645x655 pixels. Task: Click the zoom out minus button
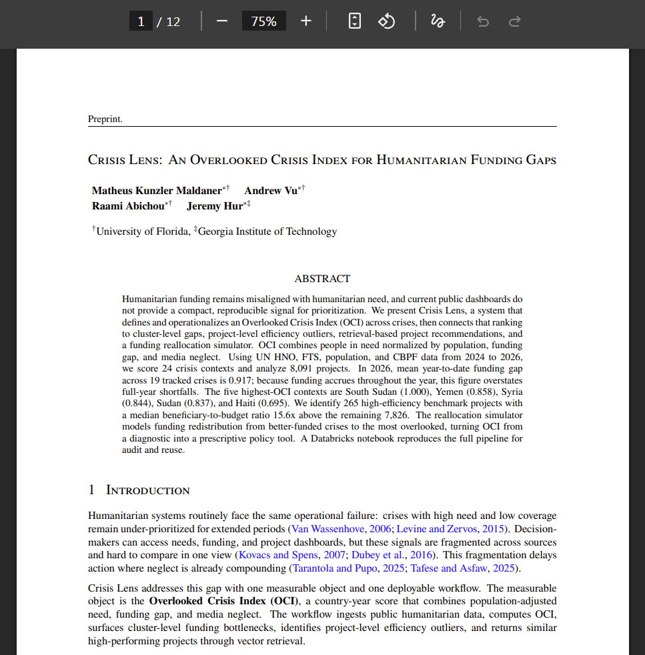click(222, 21)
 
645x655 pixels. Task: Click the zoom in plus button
click(306, 21)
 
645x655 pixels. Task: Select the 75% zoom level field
click(263, 21)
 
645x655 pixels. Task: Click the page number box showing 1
click(141, 21)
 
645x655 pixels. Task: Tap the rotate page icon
click(387, 21)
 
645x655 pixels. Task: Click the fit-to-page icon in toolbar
click(355, 21)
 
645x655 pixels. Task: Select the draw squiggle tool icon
click(438, 21)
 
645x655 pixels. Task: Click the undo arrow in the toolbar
click(483, 21)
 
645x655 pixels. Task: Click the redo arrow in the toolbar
click(514, 21)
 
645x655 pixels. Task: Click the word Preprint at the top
click(105, 119)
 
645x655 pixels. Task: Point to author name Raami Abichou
click(127, 206)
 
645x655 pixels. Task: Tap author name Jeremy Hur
click(214, 206)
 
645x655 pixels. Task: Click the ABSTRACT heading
click(322, 279)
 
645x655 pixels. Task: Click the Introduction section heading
click(147, 490)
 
